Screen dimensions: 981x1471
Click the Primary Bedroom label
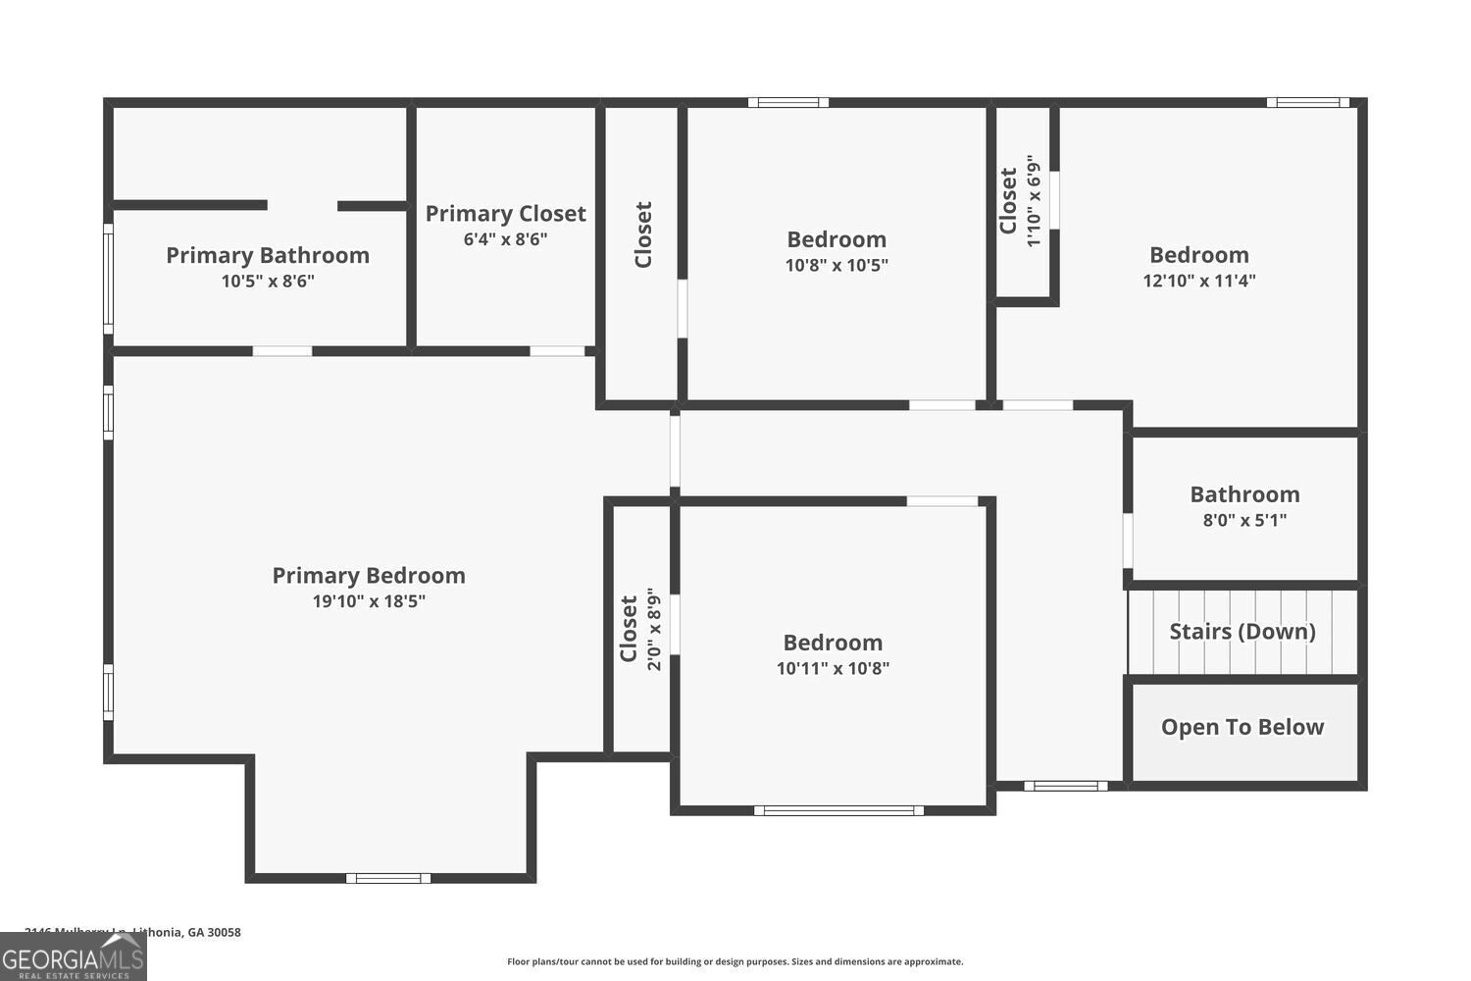point(369,576)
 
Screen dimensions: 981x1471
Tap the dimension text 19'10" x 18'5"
point(369,601)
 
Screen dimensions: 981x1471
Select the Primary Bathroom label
point(268,255)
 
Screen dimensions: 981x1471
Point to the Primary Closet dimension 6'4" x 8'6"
point(505,238)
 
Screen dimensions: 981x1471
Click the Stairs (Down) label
point(1243,631)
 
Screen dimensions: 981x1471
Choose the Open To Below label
point(1243,727)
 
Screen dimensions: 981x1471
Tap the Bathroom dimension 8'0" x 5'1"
point(1244,520)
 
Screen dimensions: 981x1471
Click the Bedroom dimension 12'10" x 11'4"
point(1199,281)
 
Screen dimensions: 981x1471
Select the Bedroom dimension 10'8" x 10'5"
point(837,265)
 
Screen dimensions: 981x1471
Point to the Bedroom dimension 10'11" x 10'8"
point(833,668)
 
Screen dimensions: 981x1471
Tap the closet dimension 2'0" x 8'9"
point(654,629)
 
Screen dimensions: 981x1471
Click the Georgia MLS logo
point(74,956)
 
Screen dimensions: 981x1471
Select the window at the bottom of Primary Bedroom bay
point(388,878)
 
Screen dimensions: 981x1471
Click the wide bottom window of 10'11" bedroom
point(838,810)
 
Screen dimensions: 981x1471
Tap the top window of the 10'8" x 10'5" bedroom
point(788,102)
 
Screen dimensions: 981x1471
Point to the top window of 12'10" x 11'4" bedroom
point(1307,102)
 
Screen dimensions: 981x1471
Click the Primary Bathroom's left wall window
point(109,279)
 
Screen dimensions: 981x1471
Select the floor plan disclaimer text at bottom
point(735,962)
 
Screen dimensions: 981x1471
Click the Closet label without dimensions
point(643,234)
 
